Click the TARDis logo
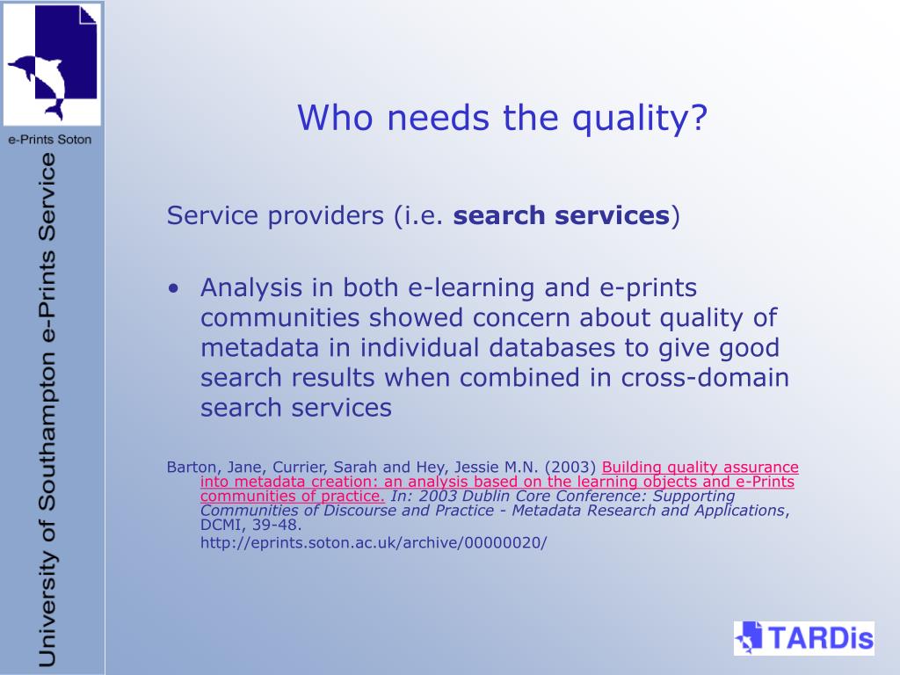click(803, 638)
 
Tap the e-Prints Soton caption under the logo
click(50, 140)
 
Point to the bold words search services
click(562, 215)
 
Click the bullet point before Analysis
click(174, 288)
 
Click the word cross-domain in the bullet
click(705, 378)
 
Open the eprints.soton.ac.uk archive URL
click(374, 542)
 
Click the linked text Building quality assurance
click(700, 468)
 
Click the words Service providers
click(275, 216)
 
